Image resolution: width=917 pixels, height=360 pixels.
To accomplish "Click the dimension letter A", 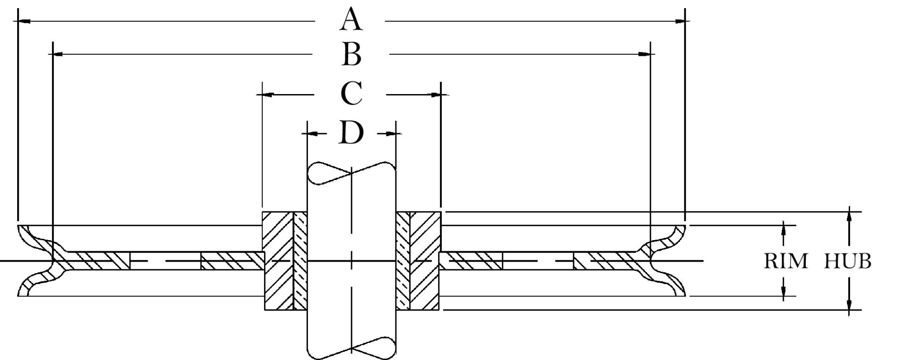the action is tap(351, 21).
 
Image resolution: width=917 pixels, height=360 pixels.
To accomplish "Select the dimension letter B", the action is tap(352, 55).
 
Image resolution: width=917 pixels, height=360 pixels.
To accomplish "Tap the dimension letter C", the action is tap(351, 94).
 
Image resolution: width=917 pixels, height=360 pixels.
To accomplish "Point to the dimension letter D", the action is tap(351, 133).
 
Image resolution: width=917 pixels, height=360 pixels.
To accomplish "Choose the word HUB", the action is tap(848, 261).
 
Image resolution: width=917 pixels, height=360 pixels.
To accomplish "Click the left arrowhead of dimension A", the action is tap(24, 21).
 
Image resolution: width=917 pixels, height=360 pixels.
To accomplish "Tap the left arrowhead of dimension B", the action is tap(58, 55).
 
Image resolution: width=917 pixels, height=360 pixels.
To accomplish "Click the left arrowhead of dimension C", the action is tap(269, 95).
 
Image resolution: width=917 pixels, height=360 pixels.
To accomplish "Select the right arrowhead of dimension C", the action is tap(434, 95).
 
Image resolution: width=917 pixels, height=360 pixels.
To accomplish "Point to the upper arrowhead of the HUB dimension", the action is tap(849, 217).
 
